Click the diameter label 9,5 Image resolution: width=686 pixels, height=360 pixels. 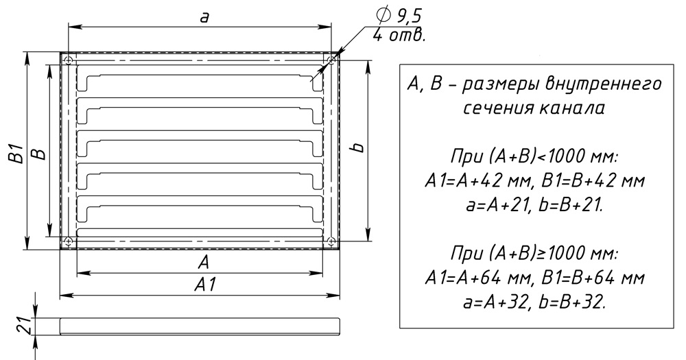409,16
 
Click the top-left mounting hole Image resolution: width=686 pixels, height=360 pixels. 68,59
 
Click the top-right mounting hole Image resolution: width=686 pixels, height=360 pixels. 331,59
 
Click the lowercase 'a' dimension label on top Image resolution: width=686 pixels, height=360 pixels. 204,18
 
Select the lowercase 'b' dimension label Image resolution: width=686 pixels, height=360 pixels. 359,147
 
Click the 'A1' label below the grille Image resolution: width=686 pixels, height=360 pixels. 206,285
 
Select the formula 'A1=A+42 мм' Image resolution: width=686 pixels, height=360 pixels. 479,180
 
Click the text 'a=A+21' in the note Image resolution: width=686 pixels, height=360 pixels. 496,205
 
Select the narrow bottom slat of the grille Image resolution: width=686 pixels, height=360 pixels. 200,232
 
